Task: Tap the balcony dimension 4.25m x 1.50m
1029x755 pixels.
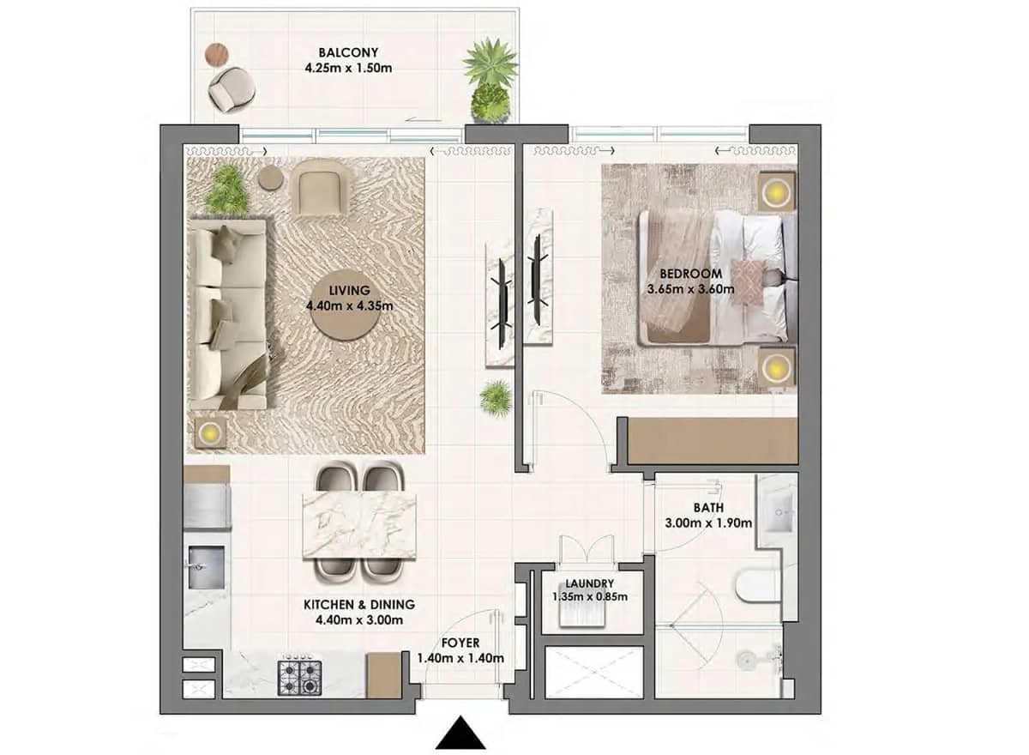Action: coord(348,69)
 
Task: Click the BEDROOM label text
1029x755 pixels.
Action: coord(691,274)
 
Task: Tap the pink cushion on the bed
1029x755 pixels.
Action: coord(747,282)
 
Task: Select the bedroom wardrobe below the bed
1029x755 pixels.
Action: coord(712,441)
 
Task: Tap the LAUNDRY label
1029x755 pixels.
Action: coord(589,583)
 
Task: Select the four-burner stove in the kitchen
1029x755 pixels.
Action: coord(299,675)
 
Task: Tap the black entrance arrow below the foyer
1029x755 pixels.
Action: coord(461,735)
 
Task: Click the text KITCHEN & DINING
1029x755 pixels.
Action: coord(360,604)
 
